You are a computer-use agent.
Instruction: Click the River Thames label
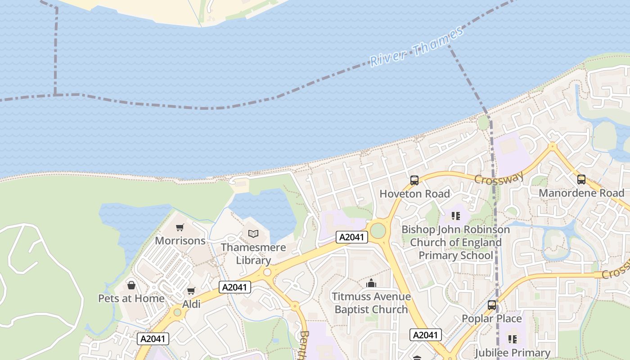(416, 47)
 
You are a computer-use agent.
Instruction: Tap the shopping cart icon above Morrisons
(180, 227)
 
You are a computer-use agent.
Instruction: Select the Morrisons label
(180, 241)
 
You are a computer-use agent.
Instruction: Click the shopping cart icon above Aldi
(191, 291)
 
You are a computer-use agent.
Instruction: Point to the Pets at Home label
(131, 298)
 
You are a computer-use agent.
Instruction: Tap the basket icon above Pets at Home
(131, 285)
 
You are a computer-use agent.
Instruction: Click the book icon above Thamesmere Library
(253, 234)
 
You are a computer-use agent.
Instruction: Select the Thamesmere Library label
(253, 254)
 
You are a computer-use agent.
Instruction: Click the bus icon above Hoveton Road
(414, 180)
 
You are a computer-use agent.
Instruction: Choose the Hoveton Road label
(414, 194)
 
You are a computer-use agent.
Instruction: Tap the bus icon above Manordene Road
(581, 180)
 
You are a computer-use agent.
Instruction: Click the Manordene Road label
(581, 193)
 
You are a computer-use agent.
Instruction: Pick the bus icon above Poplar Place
(492, 305)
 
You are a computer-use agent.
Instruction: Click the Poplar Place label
(492, 319)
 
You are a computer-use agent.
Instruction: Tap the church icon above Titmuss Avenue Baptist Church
(371, 283)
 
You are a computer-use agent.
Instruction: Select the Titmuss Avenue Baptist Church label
(371, 303)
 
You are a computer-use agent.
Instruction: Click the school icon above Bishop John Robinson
(456, 216)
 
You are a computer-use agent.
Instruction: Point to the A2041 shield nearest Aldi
(235, 287)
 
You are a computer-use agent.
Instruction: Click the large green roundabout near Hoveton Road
(378, 231)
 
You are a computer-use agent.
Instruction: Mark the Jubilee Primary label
(513, 352)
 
